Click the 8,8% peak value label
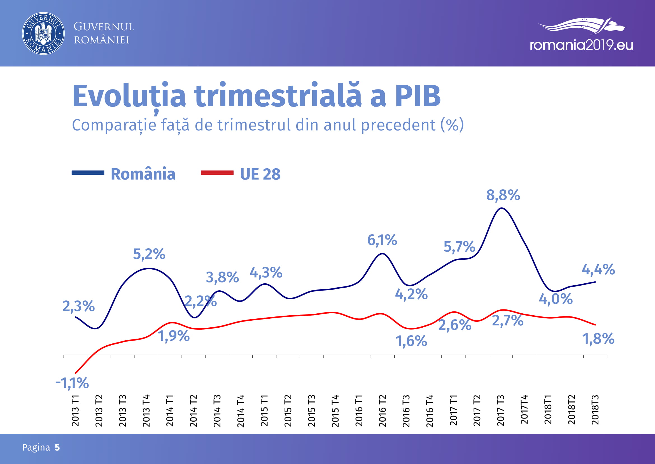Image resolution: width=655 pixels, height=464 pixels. [x=503, y=196]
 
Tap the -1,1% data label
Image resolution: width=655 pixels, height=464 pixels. [x=72, y=383]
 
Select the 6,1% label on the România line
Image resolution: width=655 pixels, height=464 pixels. [x=382, y=240]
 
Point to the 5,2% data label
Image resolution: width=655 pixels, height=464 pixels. [x=149, y=254]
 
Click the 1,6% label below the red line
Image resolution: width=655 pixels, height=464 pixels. [x=411, y=341]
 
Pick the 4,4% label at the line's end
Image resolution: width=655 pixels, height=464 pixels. [x=598, y=269]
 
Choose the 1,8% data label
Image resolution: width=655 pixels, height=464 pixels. [x=598, y=339]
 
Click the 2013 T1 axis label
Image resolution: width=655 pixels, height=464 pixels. [x=75, y=410]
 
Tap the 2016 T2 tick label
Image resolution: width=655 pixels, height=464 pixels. [x=383, y=410]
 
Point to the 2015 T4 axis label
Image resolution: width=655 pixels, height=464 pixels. [x=335, y=410]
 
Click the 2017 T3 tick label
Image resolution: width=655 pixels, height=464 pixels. [x=501, y=410]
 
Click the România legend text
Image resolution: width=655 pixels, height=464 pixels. [x=143, y=174]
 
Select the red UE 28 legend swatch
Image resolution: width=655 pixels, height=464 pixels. [x=217, y=173]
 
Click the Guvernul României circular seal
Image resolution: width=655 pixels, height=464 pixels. [x=43, y=33]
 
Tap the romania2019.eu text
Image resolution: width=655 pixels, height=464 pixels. [x=581, y=45]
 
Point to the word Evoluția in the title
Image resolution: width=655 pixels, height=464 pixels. [x=129, y=96]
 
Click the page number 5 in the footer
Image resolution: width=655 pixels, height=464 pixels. [x=57, y=447]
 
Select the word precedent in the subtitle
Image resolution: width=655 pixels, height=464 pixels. [x=398, y=125]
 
